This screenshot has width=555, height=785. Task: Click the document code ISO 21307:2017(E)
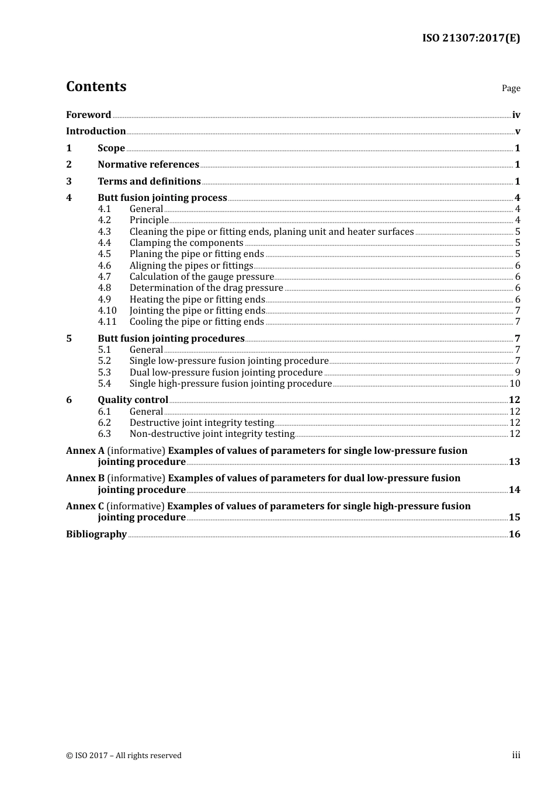pos(471,38)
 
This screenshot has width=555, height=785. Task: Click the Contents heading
pos(96,86)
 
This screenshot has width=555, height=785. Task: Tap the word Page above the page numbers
pos(511,88)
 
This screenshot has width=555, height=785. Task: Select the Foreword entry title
pos(88,114)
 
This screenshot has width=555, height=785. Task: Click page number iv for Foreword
pos(516,115)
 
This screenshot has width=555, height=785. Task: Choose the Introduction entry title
pos(96,131)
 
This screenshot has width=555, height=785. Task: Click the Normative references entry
pos(148,165)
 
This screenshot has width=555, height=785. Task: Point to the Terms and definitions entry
pos(149,182)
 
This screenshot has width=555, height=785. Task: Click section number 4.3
pos(104,232)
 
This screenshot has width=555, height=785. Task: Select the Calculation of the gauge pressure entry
pos(202,277)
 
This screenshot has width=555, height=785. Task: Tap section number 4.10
pos(107,311)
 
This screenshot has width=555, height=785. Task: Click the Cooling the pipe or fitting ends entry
pos(197,322)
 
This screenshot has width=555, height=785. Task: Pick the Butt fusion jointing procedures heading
pos(171,339)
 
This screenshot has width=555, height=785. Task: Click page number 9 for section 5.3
pos(518,373)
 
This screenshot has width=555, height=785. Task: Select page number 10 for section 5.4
pos(515,384)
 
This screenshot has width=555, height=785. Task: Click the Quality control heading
pos(133,400)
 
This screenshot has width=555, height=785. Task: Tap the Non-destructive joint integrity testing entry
pos(211,434)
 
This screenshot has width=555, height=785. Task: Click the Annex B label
pos(85,478)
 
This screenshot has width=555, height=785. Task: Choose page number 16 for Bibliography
pos(514,534)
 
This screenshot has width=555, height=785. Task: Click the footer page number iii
pos(516,755)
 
